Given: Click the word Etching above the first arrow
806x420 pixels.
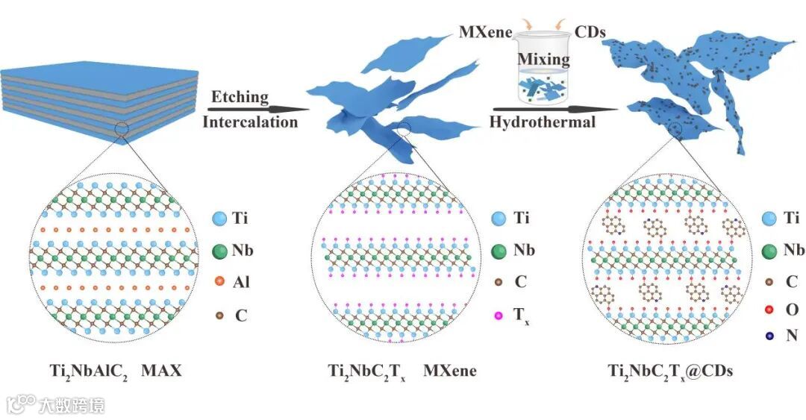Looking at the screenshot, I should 240,96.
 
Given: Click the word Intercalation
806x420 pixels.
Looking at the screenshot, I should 250,122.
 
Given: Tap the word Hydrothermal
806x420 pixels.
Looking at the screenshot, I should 542,122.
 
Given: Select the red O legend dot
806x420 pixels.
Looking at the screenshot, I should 769,308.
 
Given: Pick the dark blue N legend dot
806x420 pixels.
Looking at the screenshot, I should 769,336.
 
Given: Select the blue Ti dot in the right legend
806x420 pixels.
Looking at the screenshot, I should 769,219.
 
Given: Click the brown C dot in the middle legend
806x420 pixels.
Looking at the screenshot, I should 497,283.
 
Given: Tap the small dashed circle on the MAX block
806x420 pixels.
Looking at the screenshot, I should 125,133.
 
